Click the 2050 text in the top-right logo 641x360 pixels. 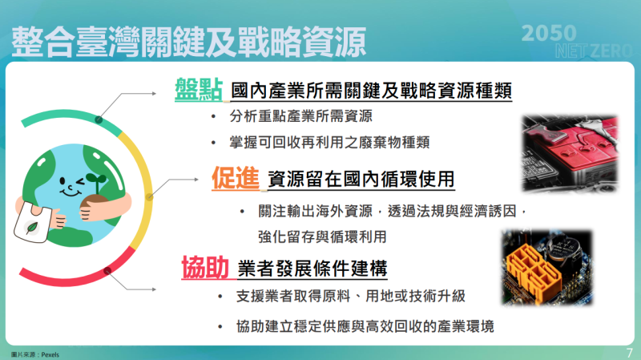click(x=549, y=32)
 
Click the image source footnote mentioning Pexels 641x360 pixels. click(x=35, y=354)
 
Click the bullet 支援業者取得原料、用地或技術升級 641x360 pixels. click(x=351, y=297)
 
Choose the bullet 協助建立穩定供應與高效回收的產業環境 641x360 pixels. click(x=365, y=326)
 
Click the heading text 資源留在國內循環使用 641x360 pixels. click(x=361, y=179)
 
